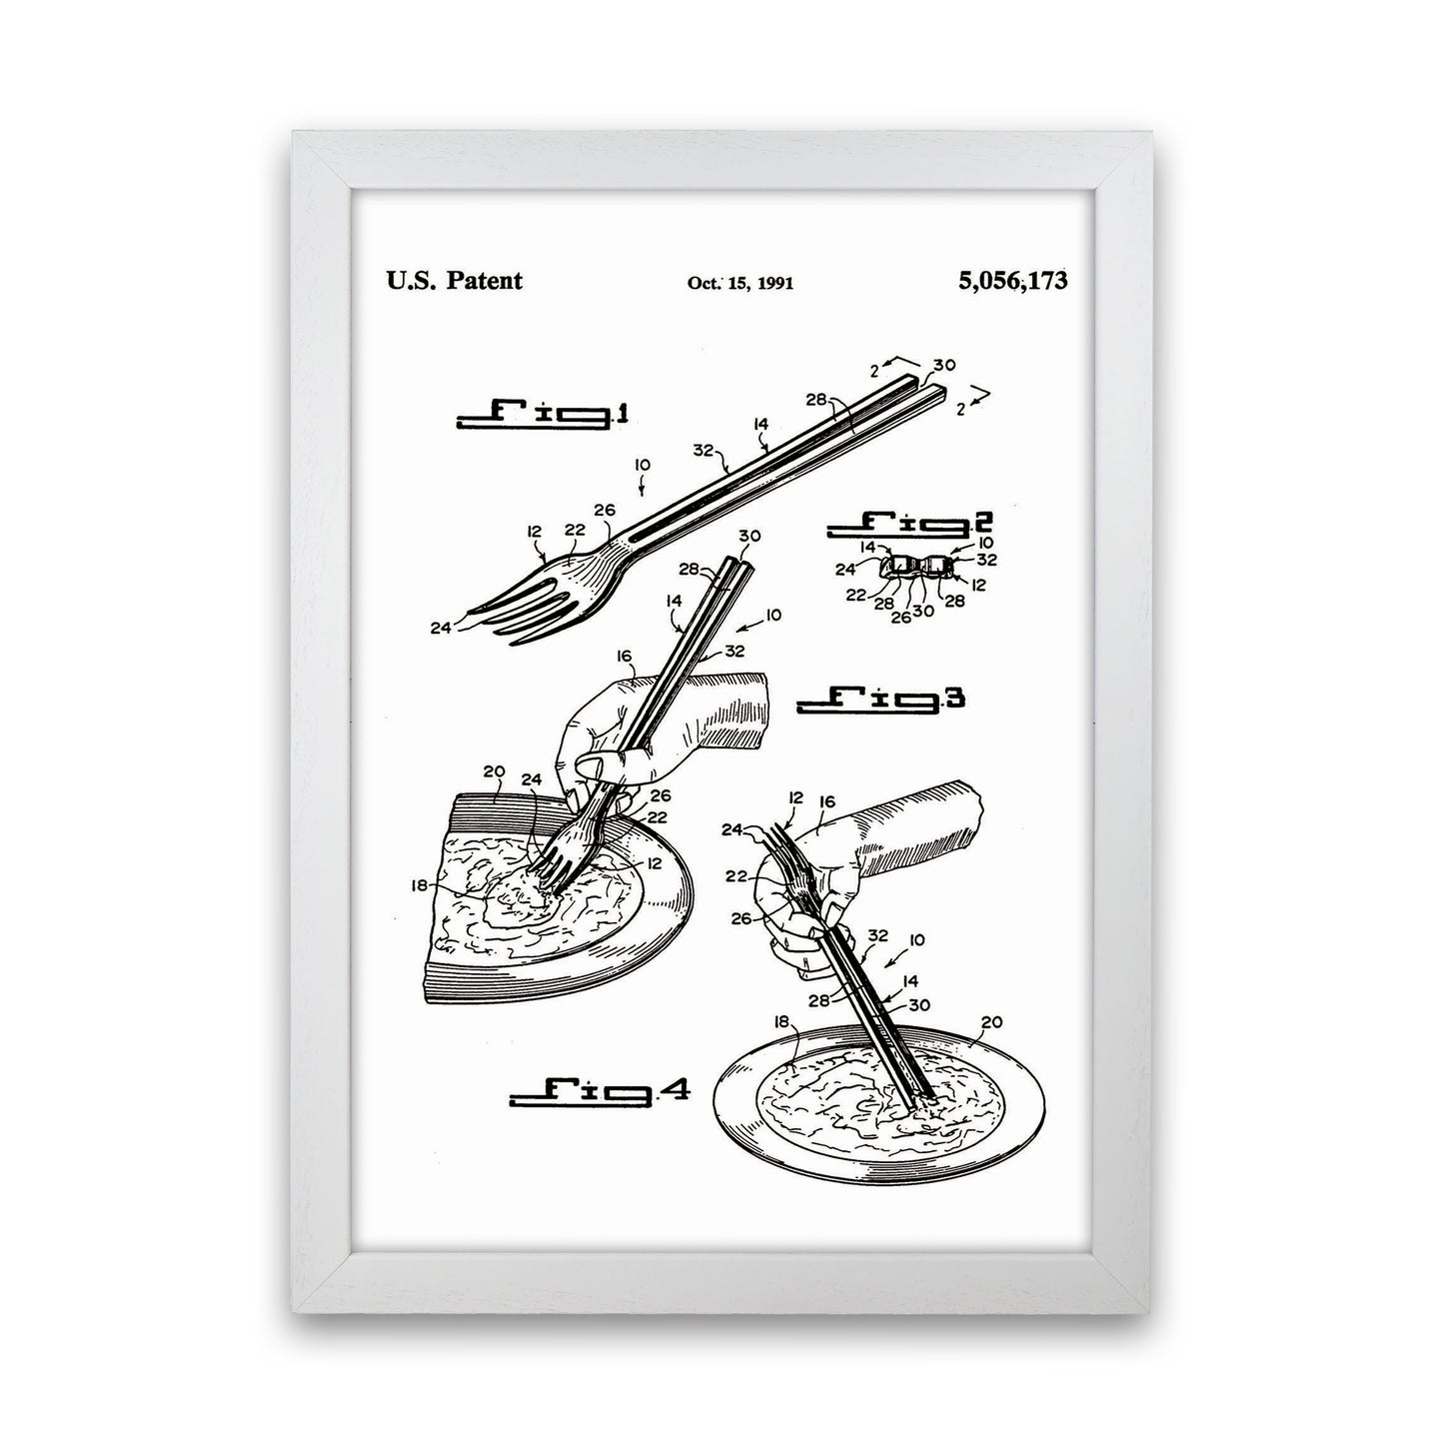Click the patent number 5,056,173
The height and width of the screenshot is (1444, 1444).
pyautogui.click(x=1012, y=280)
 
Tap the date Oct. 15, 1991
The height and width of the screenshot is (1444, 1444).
pyautogui.click(x=740, y=283)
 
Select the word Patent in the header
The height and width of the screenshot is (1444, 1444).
pyautogui.click(x=485, y=280)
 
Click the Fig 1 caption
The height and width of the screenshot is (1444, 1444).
pyautogui.click(x=544, y=415)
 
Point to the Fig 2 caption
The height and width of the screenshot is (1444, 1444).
pyautogui.click(x=910, y=524)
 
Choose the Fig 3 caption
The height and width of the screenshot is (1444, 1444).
pyautogui.click(x=880, y=700)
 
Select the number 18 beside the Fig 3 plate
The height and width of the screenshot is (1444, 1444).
pyautogui.click(x=420, y=885)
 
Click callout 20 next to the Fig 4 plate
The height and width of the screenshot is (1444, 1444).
pyautogui.click(x=991, y=1021)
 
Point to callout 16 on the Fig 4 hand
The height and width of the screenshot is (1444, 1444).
pyautogui.click(x=826, y=801)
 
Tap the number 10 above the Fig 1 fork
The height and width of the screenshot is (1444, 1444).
pyautogui.click(x=643, y=466)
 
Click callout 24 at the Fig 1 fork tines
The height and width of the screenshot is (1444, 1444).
pyautogui.click(x=441, y=628)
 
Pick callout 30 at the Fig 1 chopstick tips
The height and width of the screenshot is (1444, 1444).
pyautogui.click(x=945, y=365)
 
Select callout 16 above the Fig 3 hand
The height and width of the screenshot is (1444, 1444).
pyautogui.click(x=625, y=657)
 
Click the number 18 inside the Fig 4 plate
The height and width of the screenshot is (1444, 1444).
pyautogui.click(x=781, y=1020)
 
